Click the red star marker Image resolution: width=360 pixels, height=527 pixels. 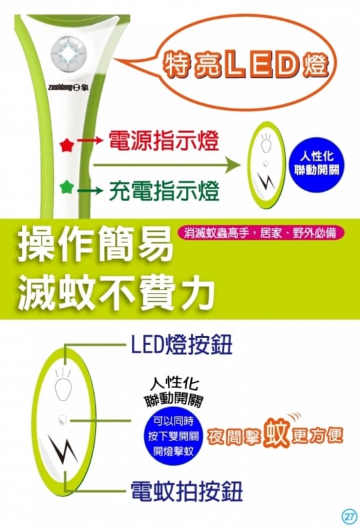pyautogui.click(x=67, y=146)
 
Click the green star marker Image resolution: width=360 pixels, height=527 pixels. pyautogui.click(x=67, y=187)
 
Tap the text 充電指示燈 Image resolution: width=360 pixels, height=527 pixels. pyautogui.click(x=164, y=190)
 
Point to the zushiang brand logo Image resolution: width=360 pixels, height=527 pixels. pyautogui.click(x=68, y=88)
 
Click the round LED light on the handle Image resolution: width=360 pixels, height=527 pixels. pyautogui.click(x=69, y=54)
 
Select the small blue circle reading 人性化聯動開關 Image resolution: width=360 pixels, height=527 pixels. pyautogui.click(x=316, y=163)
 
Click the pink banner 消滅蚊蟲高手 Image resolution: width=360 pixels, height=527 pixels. pyautogui.click(x=260, y=233)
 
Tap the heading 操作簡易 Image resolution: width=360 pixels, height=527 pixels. pyautogui.click(x=95, y=244)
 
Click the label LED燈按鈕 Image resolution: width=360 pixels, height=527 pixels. pyautogui.click(x=181, y=344)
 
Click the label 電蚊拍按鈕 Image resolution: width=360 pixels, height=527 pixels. pyautogui.click(x=187, y=492)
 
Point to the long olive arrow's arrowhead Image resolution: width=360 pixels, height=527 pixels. pyautogui.click(x=234, y=165)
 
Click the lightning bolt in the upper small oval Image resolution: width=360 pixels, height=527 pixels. pyautogui.click(x=267, y=181)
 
